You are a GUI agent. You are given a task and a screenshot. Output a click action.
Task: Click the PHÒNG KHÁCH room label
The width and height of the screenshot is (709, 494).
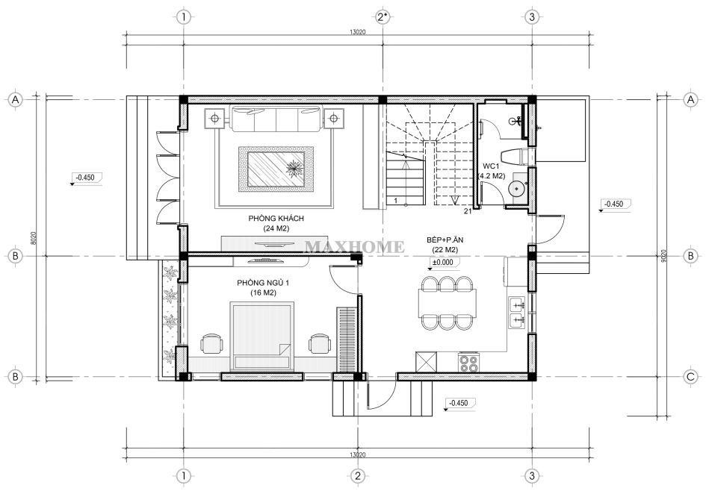[276, 219]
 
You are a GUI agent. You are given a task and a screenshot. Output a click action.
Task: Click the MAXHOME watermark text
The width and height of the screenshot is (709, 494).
[354, 247]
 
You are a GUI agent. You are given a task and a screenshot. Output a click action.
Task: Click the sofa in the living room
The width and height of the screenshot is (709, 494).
[276, 117]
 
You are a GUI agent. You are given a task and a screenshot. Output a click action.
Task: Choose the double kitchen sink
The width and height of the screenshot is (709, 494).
[517, 312]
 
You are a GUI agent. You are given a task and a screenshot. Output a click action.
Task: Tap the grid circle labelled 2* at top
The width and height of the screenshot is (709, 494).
[382, 17]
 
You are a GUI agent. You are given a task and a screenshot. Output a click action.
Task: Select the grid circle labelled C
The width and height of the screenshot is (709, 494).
[690, 377]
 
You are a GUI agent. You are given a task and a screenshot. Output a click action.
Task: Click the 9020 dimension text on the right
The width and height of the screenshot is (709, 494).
[663, 255]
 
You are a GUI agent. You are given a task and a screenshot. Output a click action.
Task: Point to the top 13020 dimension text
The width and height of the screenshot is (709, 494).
[357, 32]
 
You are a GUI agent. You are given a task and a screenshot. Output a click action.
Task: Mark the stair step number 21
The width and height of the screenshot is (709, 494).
[468, 210]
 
